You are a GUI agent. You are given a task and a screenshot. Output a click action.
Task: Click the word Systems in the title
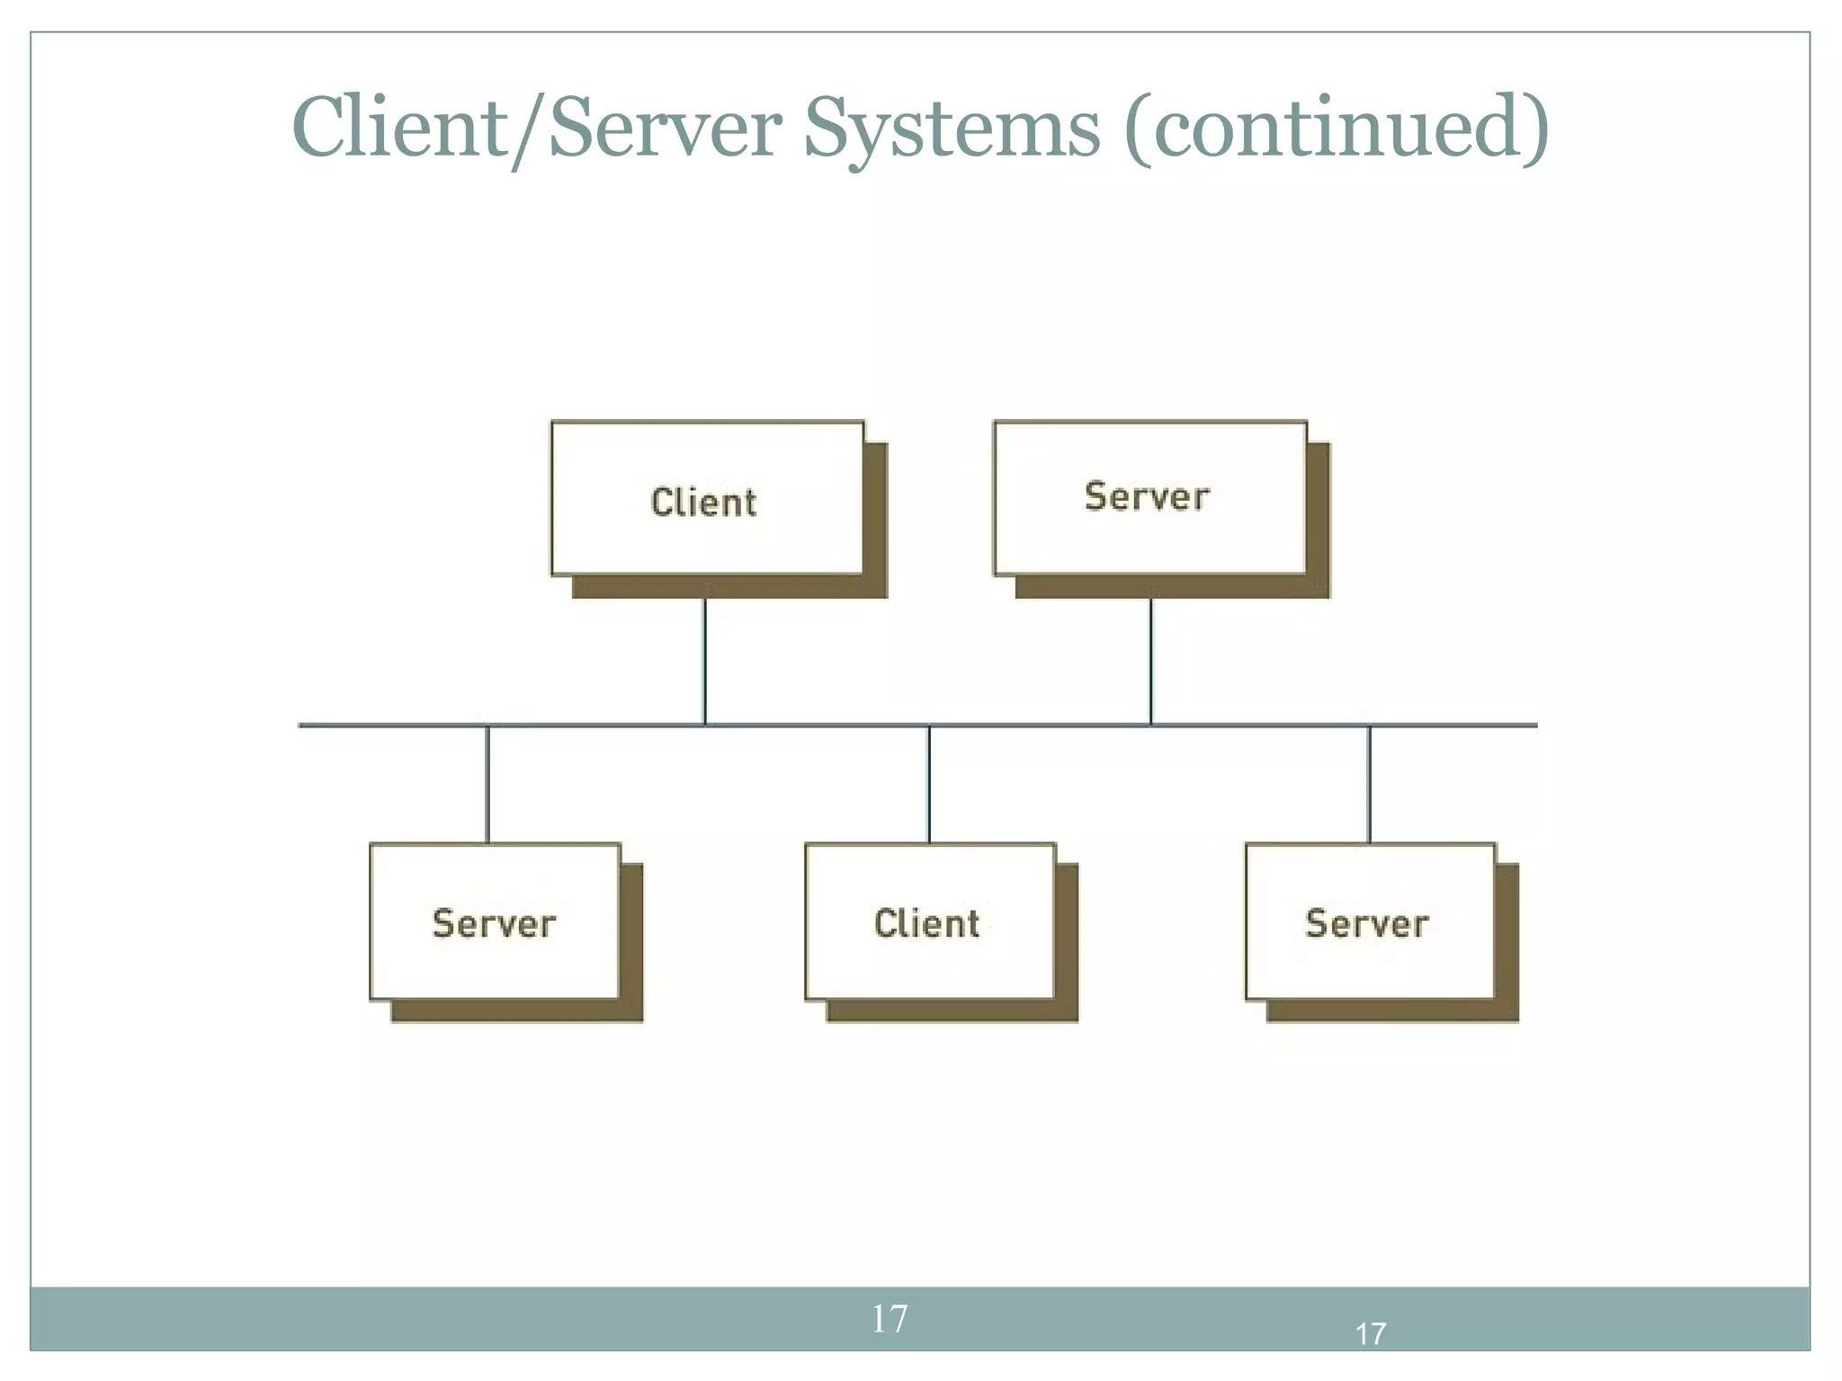click(952, 129)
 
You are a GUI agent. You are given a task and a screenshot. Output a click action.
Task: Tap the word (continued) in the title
click(1337, 129)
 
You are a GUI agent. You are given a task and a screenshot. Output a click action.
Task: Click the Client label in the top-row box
click(703, 502)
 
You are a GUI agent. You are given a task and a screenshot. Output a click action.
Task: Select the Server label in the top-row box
click(1147, 496)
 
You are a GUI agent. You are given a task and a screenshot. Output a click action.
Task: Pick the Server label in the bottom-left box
click(494, 923)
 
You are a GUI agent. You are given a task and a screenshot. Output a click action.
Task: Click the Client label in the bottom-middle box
click(926, 923)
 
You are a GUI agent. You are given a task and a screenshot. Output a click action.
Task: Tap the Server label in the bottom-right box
click(1366, 923)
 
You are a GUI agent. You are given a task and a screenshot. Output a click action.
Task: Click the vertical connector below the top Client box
click(705, 661)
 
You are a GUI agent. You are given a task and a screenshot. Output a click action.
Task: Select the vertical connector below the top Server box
click(1150, 661)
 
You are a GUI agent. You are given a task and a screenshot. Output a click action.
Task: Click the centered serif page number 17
click(890, 1319)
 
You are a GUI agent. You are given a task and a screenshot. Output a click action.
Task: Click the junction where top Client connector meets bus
click(705, 725)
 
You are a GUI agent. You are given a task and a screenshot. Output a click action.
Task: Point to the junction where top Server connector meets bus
click(1150, 725)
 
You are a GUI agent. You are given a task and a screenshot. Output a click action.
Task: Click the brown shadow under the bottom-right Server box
click(1392, 1011)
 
